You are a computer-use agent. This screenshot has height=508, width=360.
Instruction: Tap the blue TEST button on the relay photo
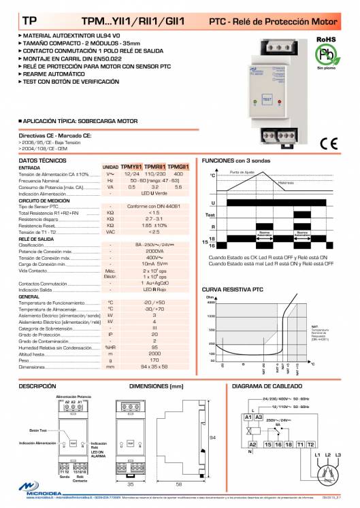point(267,97)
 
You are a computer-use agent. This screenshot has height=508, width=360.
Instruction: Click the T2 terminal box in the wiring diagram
point(311,443)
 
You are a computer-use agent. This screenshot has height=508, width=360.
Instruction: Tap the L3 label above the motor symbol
point(338,454)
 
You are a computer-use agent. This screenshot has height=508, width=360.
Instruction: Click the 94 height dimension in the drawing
point(213,437)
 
